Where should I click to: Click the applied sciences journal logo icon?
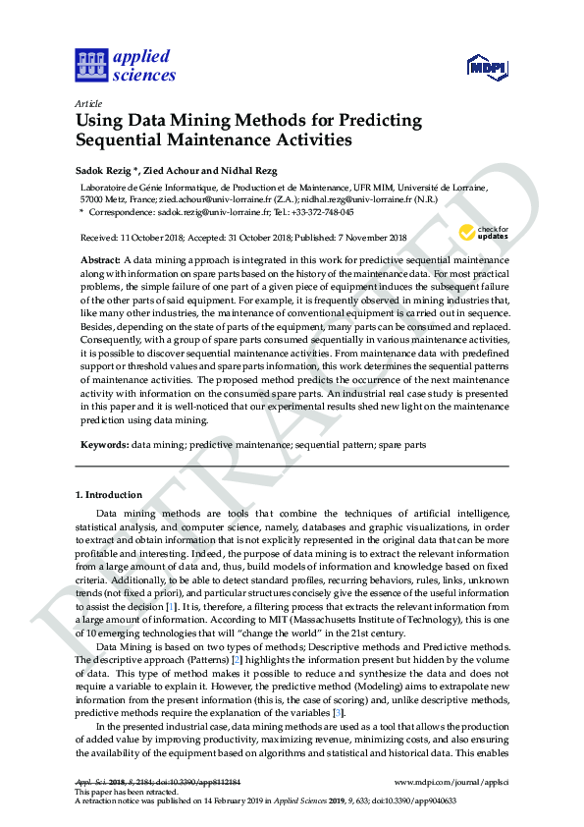[x=91, y=66]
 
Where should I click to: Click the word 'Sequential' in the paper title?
[x=127, y=139]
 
